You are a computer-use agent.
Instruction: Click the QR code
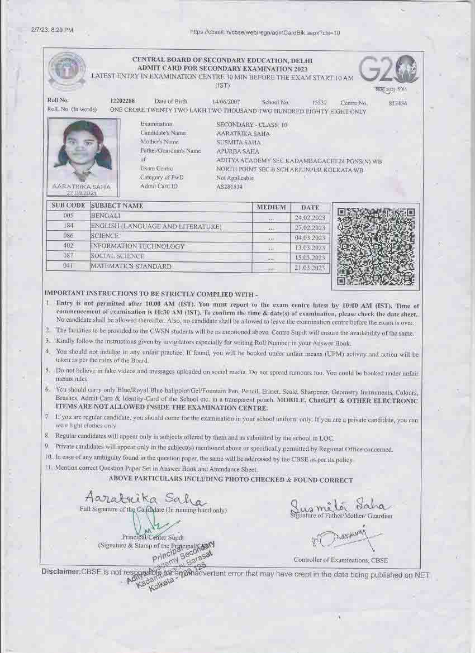376,246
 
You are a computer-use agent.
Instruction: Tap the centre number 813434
397,103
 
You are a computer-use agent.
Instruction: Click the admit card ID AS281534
229,187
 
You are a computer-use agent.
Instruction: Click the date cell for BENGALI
310,217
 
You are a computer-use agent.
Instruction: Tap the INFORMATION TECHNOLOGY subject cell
137,246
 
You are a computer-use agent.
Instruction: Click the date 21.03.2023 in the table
310,268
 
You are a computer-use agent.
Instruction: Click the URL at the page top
265,32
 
